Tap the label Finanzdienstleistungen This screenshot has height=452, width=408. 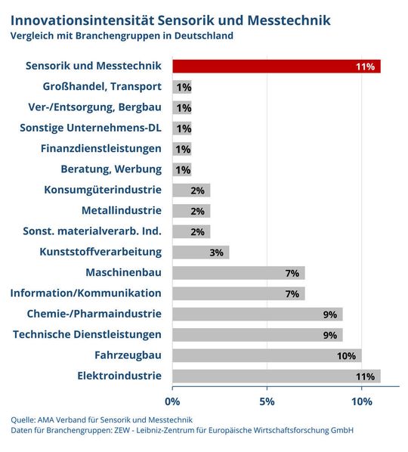(100, 148)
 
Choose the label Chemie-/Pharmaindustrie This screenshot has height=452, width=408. (94, 314)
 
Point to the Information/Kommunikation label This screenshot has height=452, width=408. (85, 293)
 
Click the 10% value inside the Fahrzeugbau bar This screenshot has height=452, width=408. (347, 355)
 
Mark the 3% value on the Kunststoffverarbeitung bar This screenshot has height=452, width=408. (216, 252)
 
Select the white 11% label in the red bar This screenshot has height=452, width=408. (365, 67)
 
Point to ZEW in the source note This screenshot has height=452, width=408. (123, 430)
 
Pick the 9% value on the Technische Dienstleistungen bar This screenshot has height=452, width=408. (329, 334)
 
